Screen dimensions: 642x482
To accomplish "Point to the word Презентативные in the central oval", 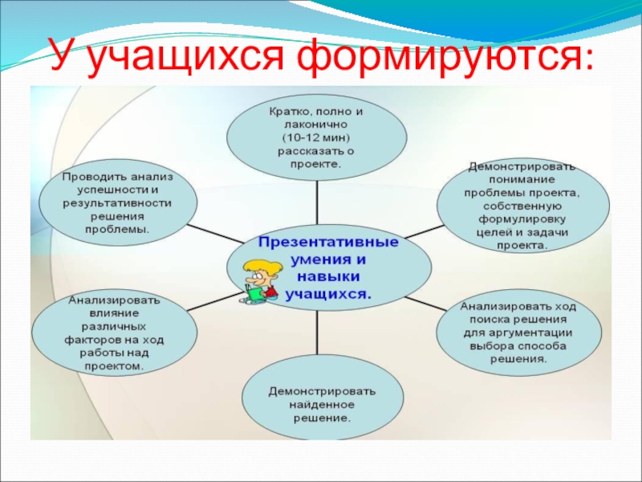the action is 329,241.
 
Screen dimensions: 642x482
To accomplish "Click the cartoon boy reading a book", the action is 260,278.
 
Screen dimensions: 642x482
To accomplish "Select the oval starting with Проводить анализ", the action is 117,202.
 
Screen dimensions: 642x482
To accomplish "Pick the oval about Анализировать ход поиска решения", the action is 518,333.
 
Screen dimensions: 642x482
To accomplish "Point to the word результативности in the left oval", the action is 117,202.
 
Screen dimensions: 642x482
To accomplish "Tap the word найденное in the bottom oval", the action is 321,405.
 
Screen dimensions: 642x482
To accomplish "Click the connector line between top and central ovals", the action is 318,201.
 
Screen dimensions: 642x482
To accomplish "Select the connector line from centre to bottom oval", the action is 319,337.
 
